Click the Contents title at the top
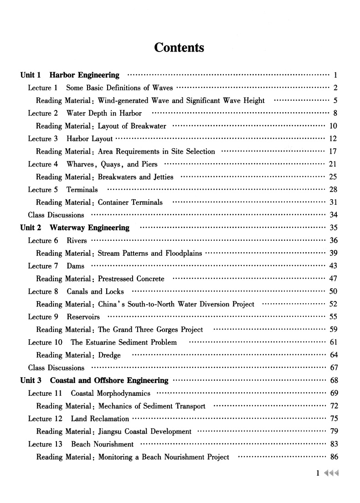tap(179, 48)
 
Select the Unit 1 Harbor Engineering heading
tap(70, 75)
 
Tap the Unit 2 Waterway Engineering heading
tap(75, 228)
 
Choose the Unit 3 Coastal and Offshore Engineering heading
tap(94, 380)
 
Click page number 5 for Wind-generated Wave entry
tap(335, 101)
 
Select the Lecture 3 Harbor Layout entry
tap(70, 139)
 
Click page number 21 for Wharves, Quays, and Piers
tap(333, 164)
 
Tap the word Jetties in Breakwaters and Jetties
tap(162, 177)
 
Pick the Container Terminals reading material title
tap(130, 202)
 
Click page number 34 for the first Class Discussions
tap(333, 215)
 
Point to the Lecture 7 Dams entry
tap(56, 266)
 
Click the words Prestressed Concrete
tap(131, 279)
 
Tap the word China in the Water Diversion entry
tap(108, 304)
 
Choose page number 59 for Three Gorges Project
tap(333, 330)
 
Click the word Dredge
tap(109, 355)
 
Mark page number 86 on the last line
tap(333, 457)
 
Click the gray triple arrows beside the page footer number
tap(332, 474)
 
